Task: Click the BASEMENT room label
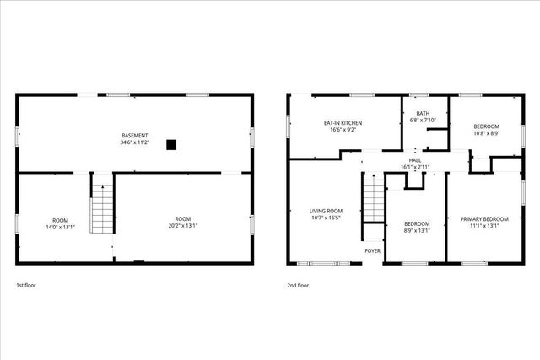134,136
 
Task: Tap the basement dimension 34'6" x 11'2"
134,143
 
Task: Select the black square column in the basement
171,144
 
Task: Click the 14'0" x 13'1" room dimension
59,227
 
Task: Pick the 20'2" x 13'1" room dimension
183,227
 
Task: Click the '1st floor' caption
26,286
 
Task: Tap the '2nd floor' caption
298,286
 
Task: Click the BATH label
424,113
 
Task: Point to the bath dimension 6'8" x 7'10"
424,121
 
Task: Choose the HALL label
415,160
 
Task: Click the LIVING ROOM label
325,211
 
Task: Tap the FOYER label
372,250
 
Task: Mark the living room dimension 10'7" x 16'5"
325,218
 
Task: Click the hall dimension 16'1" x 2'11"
415,167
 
